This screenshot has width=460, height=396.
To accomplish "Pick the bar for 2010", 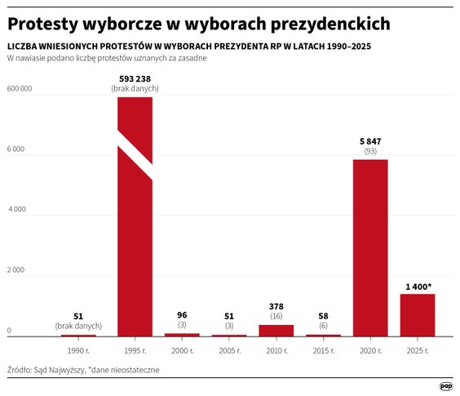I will tap(276, 330).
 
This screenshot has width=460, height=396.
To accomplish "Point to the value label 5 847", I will tap(370, 141).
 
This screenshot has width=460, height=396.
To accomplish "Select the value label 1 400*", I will tap(418, 286).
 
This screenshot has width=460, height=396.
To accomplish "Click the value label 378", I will tap(276, 306).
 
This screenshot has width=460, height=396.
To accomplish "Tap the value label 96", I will tap(182, 315).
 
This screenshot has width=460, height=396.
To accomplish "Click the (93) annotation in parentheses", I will tap(370, 152).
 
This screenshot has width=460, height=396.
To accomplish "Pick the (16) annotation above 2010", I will tap(276, 317).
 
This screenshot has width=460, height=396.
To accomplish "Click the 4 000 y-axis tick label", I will tap(16, 209).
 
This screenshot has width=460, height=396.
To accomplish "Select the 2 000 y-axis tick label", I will tap(16, 269).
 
